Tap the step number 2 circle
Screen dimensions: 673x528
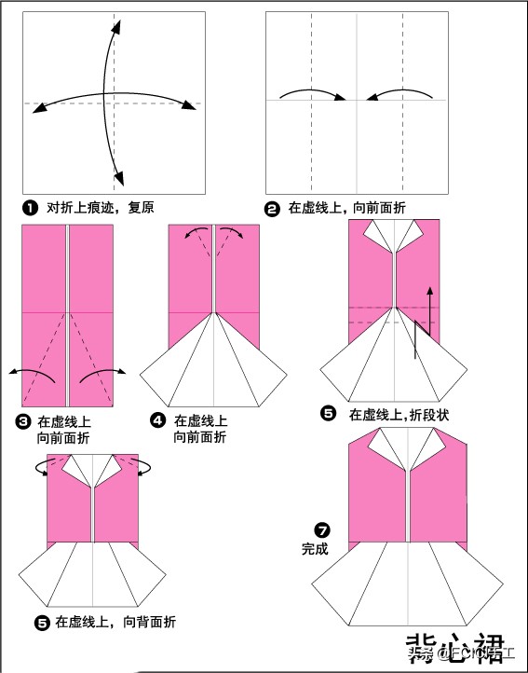[272, 209]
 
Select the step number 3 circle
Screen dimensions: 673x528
[24, 422]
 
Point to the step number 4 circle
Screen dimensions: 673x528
[158, 422]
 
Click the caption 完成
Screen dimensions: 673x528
[315, 549]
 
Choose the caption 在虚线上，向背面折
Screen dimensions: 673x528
[115, 622]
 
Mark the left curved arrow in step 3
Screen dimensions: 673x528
[34, 373]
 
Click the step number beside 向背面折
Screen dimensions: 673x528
[41, 622]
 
